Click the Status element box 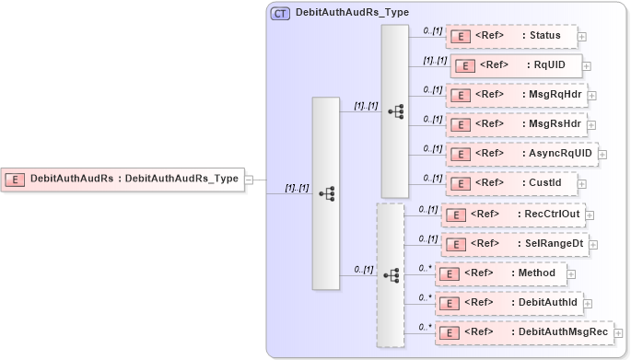(510, 36)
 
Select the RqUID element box (515, 65)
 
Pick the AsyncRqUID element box (521, 153)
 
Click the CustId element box (510, 183)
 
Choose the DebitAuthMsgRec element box (524, 331)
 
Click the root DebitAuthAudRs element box (122, 179)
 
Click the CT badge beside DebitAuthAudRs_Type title (280, 14)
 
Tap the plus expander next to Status (582, 37)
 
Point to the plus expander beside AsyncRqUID (603, 154)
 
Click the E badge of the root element (16, 179)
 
